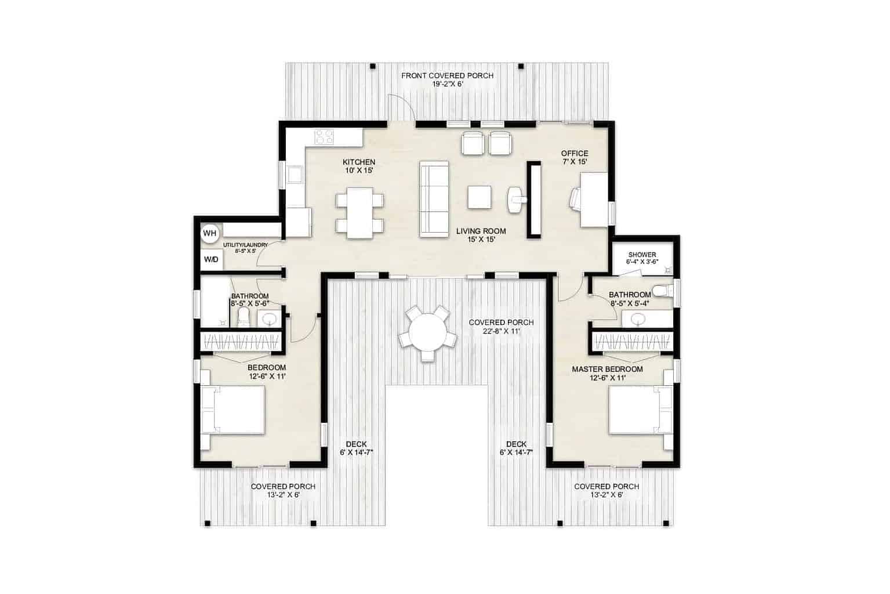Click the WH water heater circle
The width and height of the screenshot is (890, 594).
tap(209, 233)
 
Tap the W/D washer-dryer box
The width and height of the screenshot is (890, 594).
tap(211, 259)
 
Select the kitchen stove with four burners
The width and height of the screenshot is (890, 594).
tap(324, 137)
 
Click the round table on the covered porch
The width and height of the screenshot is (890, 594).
tap(427, 335)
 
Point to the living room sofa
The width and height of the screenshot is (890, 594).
tap(434, 199)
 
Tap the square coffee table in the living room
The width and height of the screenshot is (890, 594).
tap(481, 197)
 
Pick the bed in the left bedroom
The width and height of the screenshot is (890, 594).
tap(233, 410)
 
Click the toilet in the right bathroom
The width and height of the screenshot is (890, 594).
tap(662, 290)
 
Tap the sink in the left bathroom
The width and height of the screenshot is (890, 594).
tap(268, 318)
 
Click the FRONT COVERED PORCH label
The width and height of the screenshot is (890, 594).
tap(448, 76)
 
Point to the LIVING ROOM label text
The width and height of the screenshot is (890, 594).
tap(481, 231)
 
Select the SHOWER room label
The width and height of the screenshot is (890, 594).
tap(642, 255)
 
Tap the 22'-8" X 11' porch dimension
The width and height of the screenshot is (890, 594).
tap(501, 331)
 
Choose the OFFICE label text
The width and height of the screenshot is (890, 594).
tap(574, 153)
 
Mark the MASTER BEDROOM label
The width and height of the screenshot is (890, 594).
tap(607, 369)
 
